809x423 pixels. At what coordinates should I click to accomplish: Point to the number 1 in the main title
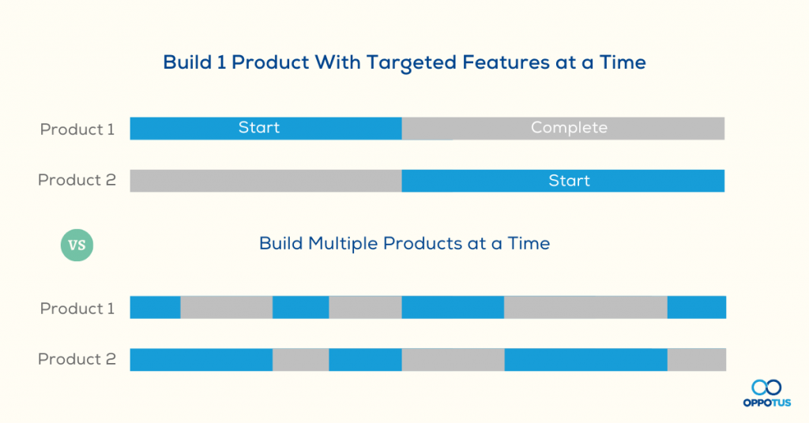tap(222, 62)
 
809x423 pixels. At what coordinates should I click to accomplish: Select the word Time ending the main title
tap(623, 62)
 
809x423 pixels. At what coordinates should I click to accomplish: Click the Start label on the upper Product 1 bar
tap(259, 127)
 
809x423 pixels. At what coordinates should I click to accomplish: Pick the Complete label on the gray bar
tap(569, 128)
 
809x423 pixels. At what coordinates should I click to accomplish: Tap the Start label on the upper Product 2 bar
tap(569, 181)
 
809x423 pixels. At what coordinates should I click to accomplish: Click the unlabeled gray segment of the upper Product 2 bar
tap(265, 181)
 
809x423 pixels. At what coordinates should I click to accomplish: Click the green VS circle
tap(77, 245)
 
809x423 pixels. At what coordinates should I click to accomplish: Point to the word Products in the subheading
tap(423, 243)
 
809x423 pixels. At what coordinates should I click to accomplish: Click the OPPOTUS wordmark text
tap(766, 402)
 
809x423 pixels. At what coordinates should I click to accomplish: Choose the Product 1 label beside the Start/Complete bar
tap(77, 129)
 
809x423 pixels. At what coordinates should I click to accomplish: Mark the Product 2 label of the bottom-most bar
tap(77, 359)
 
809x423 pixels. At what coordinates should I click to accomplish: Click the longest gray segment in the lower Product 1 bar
tap(585, 307)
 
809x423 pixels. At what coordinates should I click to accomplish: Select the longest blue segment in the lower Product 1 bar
tap(453, 307)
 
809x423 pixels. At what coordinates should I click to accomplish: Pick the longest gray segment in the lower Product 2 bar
tap(453, 360)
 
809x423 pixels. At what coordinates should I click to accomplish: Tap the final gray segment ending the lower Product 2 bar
tap(697, 360)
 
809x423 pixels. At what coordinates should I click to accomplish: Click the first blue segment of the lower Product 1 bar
tap(156, 307)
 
